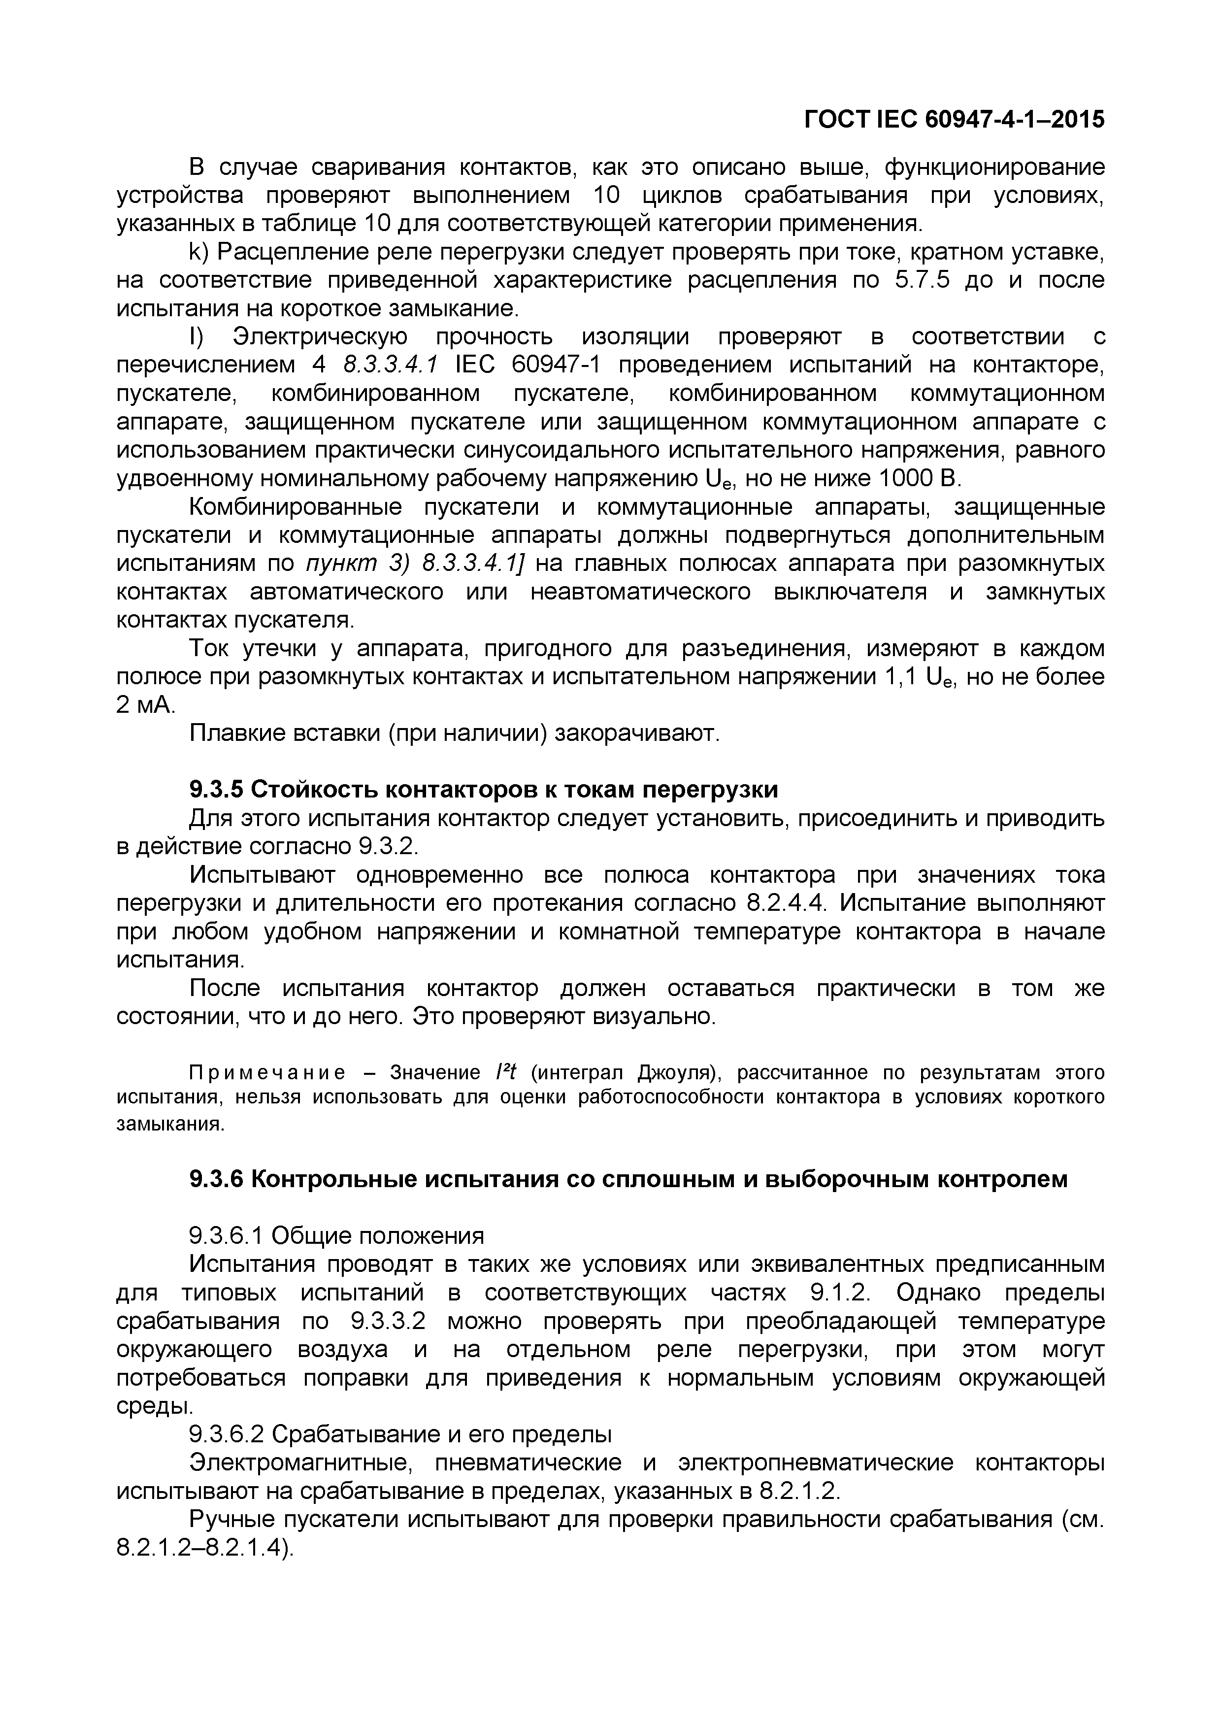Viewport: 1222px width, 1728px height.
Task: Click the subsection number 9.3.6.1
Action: (x=226, y=1236)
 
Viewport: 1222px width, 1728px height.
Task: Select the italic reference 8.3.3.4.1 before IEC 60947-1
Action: (x=389, y=365)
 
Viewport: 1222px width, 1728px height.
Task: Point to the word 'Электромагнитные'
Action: (x=299, y=1463)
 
